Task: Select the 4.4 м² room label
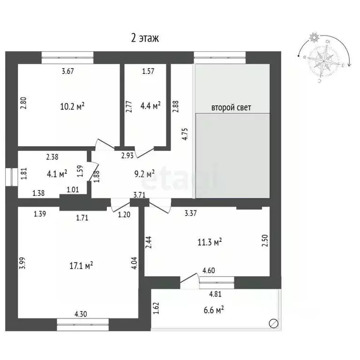pyautogui.click(x=151, y=105)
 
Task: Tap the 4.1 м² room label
pyautogui.click(x=58, y=173)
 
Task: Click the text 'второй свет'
pyautogui.click(x=232, y=107)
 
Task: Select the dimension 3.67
pyautogui.click(x=69, y=71)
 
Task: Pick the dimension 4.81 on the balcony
pyautogui.click(x=216, y=295)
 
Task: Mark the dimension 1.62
pyautogui.click(x=156, y=308)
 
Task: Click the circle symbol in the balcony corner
pyautogui.click(x=273, y=323)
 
